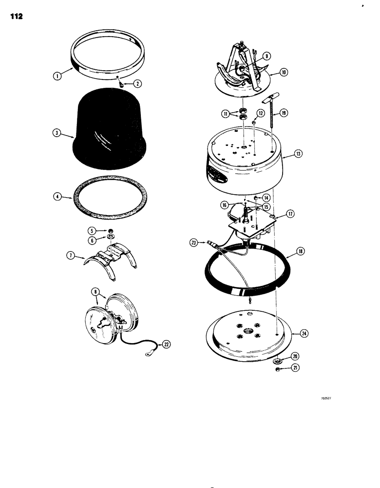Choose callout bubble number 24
[304, 333]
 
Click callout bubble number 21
[295, 368]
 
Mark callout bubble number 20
[295, 356]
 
